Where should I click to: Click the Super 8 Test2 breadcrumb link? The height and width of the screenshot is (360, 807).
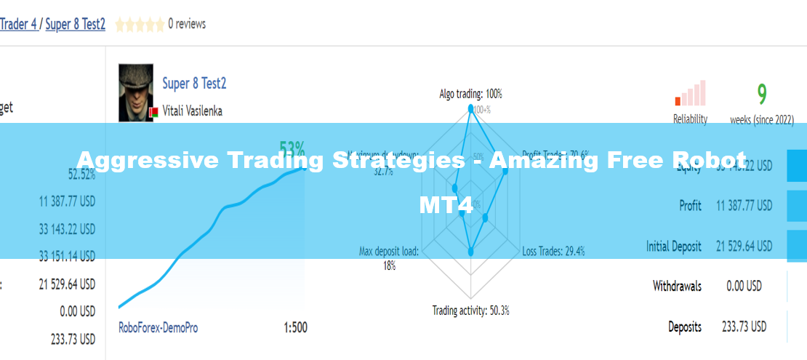pos(76,24)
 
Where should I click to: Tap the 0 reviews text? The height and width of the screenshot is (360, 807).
pos(187,24)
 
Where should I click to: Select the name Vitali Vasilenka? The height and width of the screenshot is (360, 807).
pos(192,111)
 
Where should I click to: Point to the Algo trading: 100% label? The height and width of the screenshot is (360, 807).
pos(470,94)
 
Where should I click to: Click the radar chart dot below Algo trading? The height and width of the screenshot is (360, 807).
pos(470,109)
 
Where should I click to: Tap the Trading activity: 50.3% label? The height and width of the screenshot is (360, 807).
pos(470,311)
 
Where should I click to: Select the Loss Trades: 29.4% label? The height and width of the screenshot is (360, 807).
pos(553,252)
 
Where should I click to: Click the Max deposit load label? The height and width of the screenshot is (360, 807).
pos(389,252)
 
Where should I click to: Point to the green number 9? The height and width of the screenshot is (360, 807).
pos(762,94)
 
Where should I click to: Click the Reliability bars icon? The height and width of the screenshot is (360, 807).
pos(690,94)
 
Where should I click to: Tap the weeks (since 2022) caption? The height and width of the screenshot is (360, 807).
pos(762,119)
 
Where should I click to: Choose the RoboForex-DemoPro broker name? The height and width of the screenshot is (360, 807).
pos(158,327)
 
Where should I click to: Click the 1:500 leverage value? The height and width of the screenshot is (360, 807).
pos(295,327)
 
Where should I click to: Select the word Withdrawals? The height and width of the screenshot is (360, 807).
pos(677,286)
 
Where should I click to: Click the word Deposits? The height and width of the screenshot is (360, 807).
pos(685,327)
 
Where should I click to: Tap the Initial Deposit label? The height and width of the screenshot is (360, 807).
pos(674,247)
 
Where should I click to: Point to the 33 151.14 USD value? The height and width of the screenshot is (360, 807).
pos(66,256)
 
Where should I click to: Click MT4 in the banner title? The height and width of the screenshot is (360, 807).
pos(446,205)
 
